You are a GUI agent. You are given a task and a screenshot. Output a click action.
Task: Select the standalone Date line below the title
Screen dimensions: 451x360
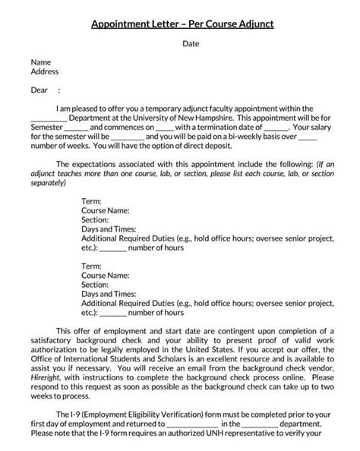191,44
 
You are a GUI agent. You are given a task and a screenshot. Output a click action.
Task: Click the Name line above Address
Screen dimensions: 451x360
40,61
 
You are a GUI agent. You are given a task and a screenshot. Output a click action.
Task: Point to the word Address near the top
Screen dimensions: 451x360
45,72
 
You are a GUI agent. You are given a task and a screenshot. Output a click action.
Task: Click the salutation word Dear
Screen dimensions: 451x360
39,90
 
